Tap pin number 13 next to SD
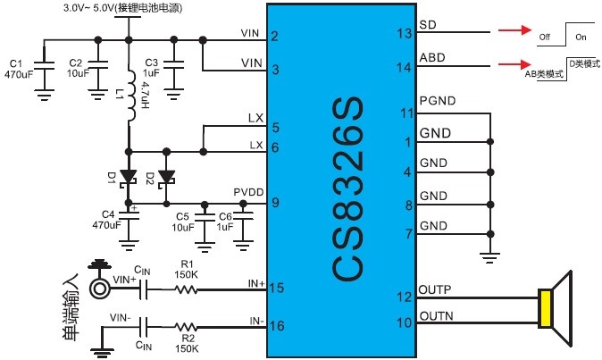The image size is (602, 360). click(406, 34)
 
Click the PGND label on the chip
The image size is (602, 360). click(438, 101)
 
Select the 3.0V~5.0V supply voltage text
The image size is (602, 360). click(94, 7)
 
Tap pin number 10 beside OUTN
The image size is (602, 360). click(406, 322)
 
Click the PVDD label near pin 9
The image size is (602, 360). click(247, 191)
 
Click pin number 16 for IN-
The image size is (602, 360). click(278, 326)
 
